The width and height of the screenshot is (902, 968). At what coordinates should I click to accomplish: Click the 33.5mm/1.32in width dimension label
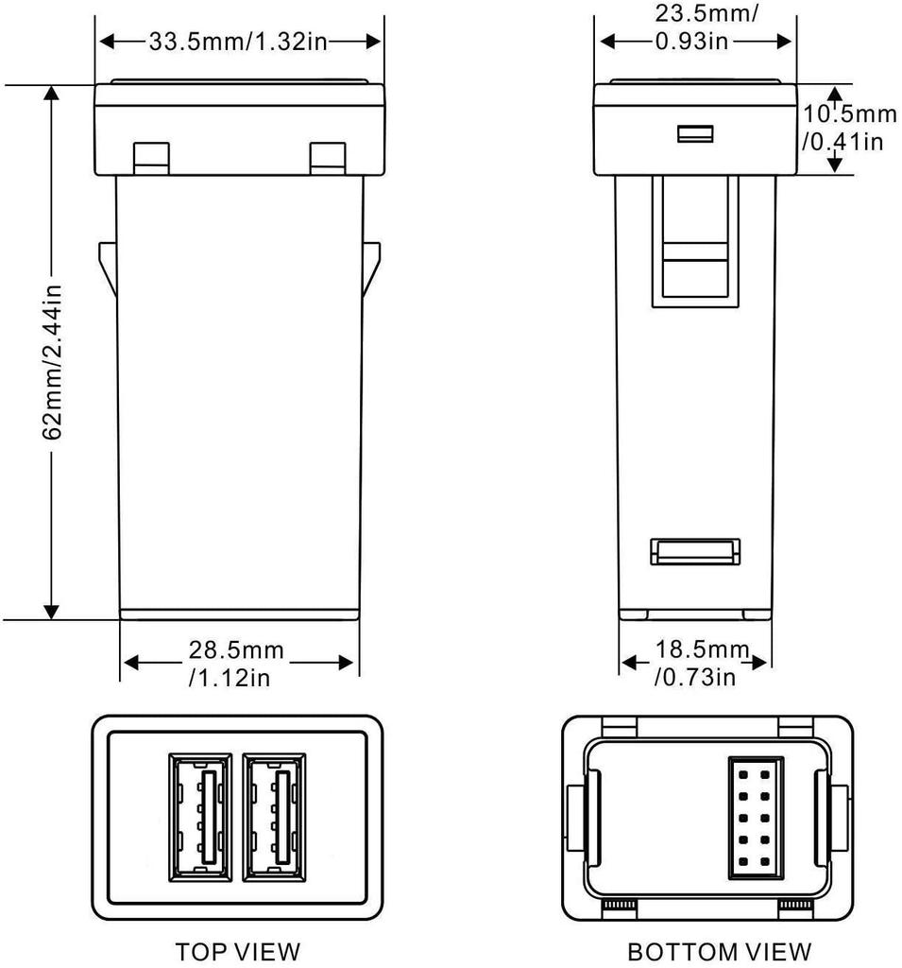point(241,41)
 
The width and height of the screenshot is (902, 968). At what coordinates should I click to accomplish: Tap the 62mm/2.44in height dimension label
point(53,361)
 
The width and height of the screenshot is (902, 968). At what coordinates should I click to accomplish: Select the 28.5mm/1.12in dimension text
point(236,663)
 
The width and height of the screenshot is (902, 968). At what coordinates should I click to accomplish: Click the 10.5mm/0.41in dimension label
point(848,128)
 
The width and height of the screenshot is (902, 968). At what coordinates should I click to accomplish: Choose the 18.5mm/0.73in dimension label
point(696,663)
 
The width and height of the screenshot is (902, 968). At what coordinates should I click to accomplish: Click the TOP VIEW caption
point(238,950)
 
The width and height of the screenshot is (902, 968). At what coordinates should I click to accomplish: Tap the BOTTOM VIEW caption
point(719,950)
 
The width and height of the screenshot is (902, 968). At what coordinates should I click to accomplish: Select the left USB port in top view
point(200,812)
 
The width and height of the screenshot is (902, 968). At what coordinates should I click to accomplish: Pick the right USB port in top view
point(273,812)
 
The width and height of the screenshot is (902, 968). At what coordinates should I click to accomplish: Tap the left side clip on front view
point(107,268)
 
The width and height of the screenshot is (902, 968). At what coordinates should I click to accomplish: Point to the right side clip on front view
point(371,268)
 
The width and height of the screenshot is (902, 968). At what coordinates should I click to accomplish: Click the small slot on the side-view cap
point(694,134)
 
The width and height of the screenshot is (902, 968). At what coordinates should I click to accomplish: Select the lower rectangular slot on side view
point(696,552)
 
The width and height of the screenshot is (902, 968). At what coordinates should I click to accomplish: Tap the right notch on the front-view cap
point(328,158)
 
